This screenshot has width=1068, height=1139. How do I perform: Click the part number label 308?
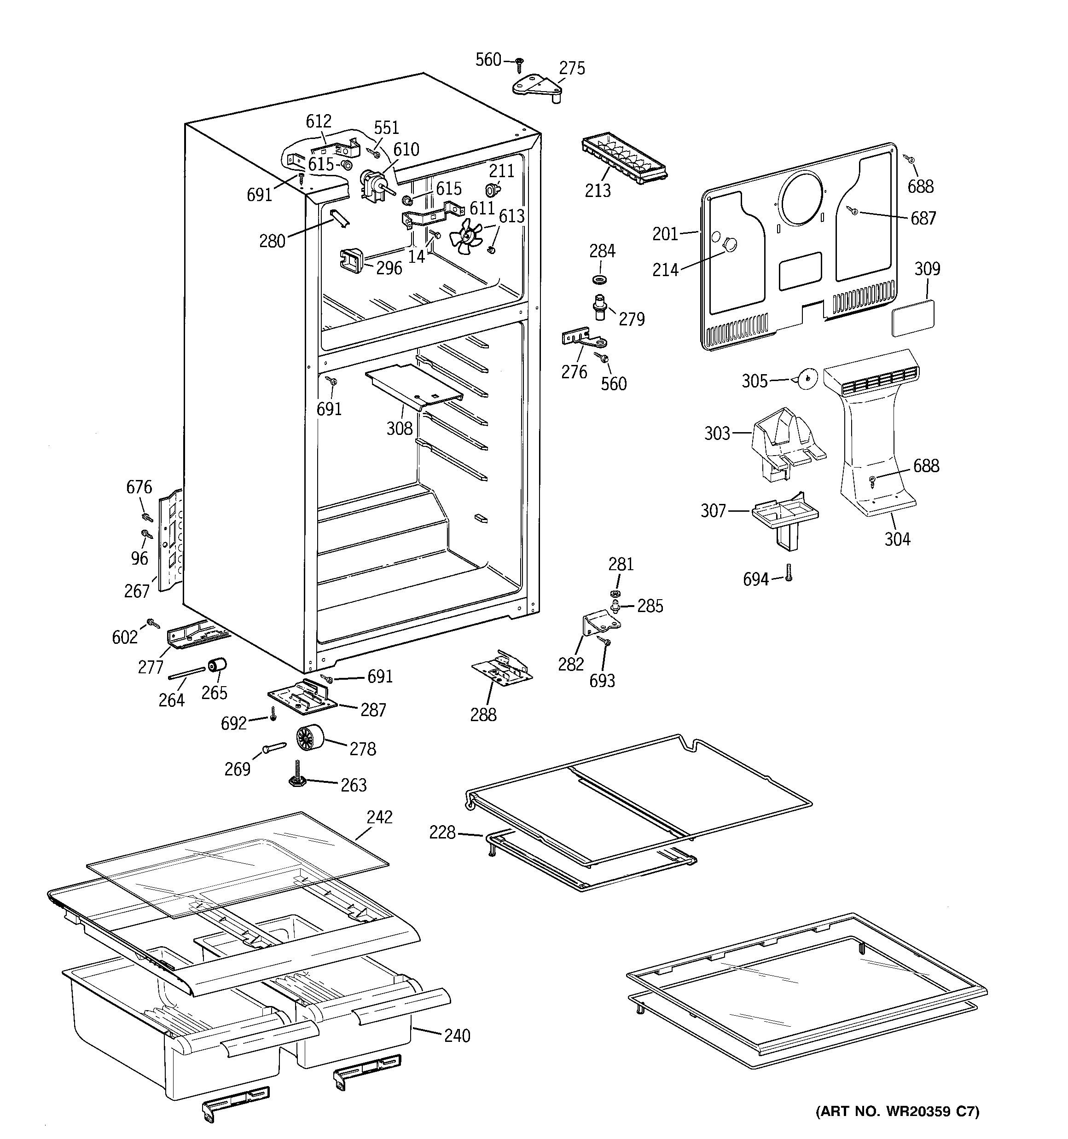[x=399, y=428]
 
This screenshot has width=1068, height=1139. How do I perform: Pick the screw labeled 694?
[x=789, y=572]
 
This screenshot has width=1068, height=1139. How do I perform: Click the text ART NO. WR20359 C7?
[x=897, y=1111]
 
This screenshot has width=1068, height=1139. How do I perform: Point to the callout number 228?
[x=442, y=833]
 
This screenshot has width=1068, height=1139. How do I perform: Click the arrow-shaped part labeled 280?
[x=339, y=218]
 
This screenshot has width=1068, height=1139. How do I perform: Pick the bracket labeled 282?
[x=597, y=622]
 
